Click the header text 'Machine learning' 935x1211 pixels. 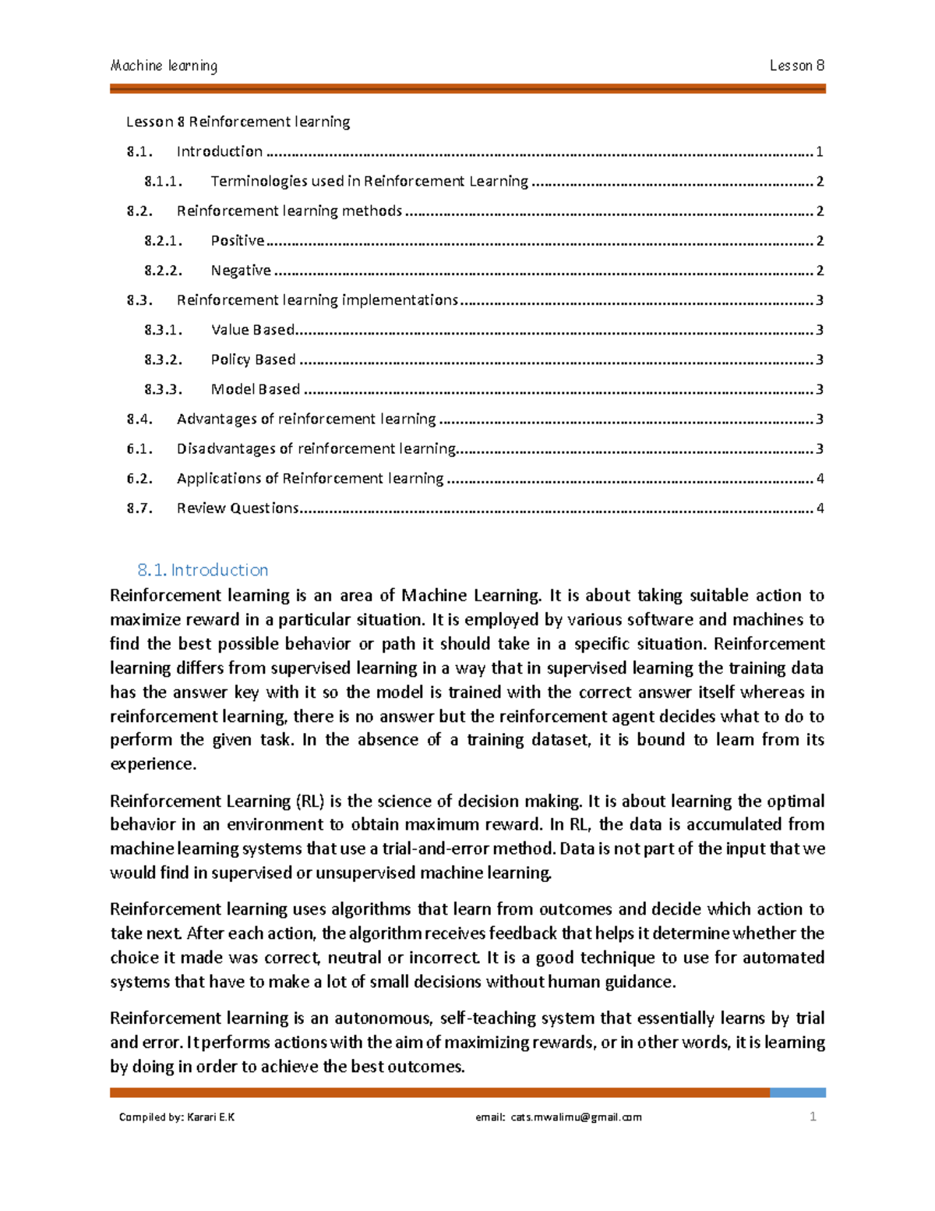pos(164,66)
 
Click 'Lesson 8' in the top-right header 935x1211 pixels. pos(796,66)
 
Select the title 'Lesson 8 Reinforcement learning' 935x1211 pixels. pos(238,122)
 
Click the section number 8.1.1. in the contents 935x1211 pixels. pos(163,182)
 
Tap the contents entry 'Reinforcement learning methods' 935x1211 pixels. pos(289,211)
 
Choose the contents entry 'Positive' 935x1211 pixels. pos(237,241)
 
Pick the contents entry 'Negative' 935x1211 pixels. pos(241,271)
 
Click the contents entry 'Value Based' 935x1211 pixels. pos(252,330)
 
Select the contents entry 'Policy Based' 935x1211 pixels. pos(253,359)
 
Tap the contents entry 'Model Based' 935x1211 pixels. pos(256,389)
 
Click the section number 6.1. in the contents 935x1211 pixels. pos(139,449)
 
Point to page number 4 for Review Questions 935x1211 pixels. pos(820,508)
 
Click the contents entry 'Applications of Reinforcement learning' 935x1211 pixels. pos(309,479)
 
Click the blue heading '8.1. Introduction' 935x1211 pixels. pos(203,570)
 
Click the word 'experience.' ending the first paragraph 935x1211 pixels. pos(153,764)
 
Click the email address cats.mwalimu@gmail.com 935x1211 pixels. pos(576,1117)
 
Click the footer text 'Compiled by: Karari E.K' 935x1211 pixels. pos(177,1117)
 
